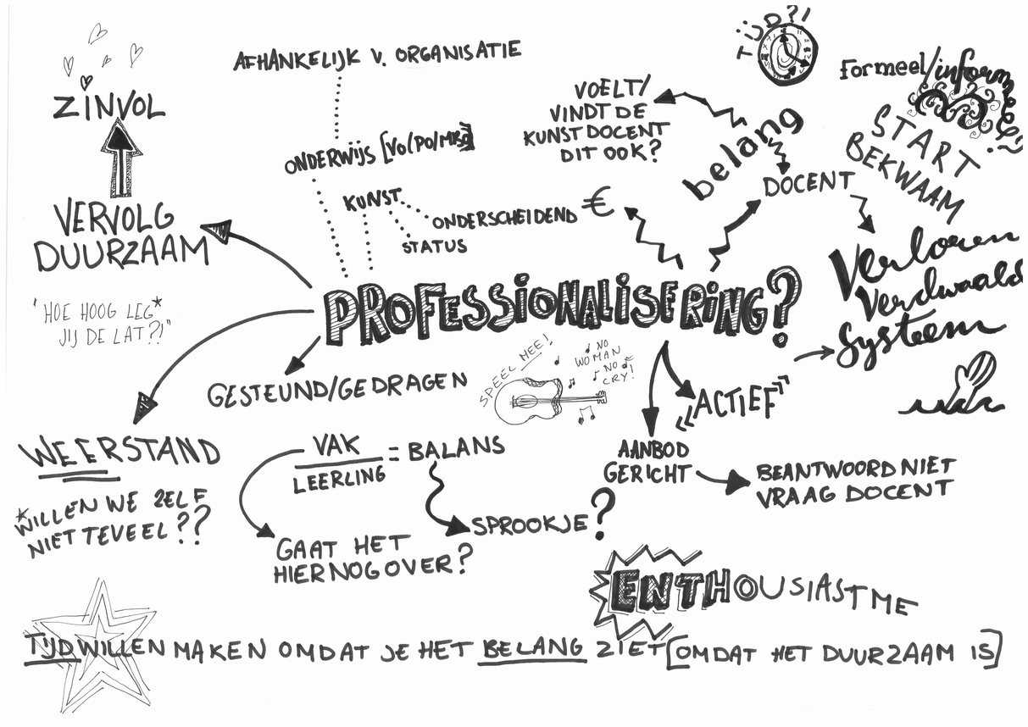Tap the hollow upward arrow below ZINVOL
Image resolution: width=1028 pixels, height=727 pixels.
pos(120,158)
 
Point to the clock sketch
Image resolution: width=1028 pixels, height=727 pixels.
pos(787,54)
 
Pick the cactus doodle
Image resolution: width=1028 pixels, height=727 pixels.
pos(958,388)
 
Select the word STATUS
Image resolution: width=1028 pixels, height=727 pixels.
pos(434,247)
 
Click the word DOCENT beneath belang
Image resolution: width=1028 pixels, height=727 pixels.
pos(809,184)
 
